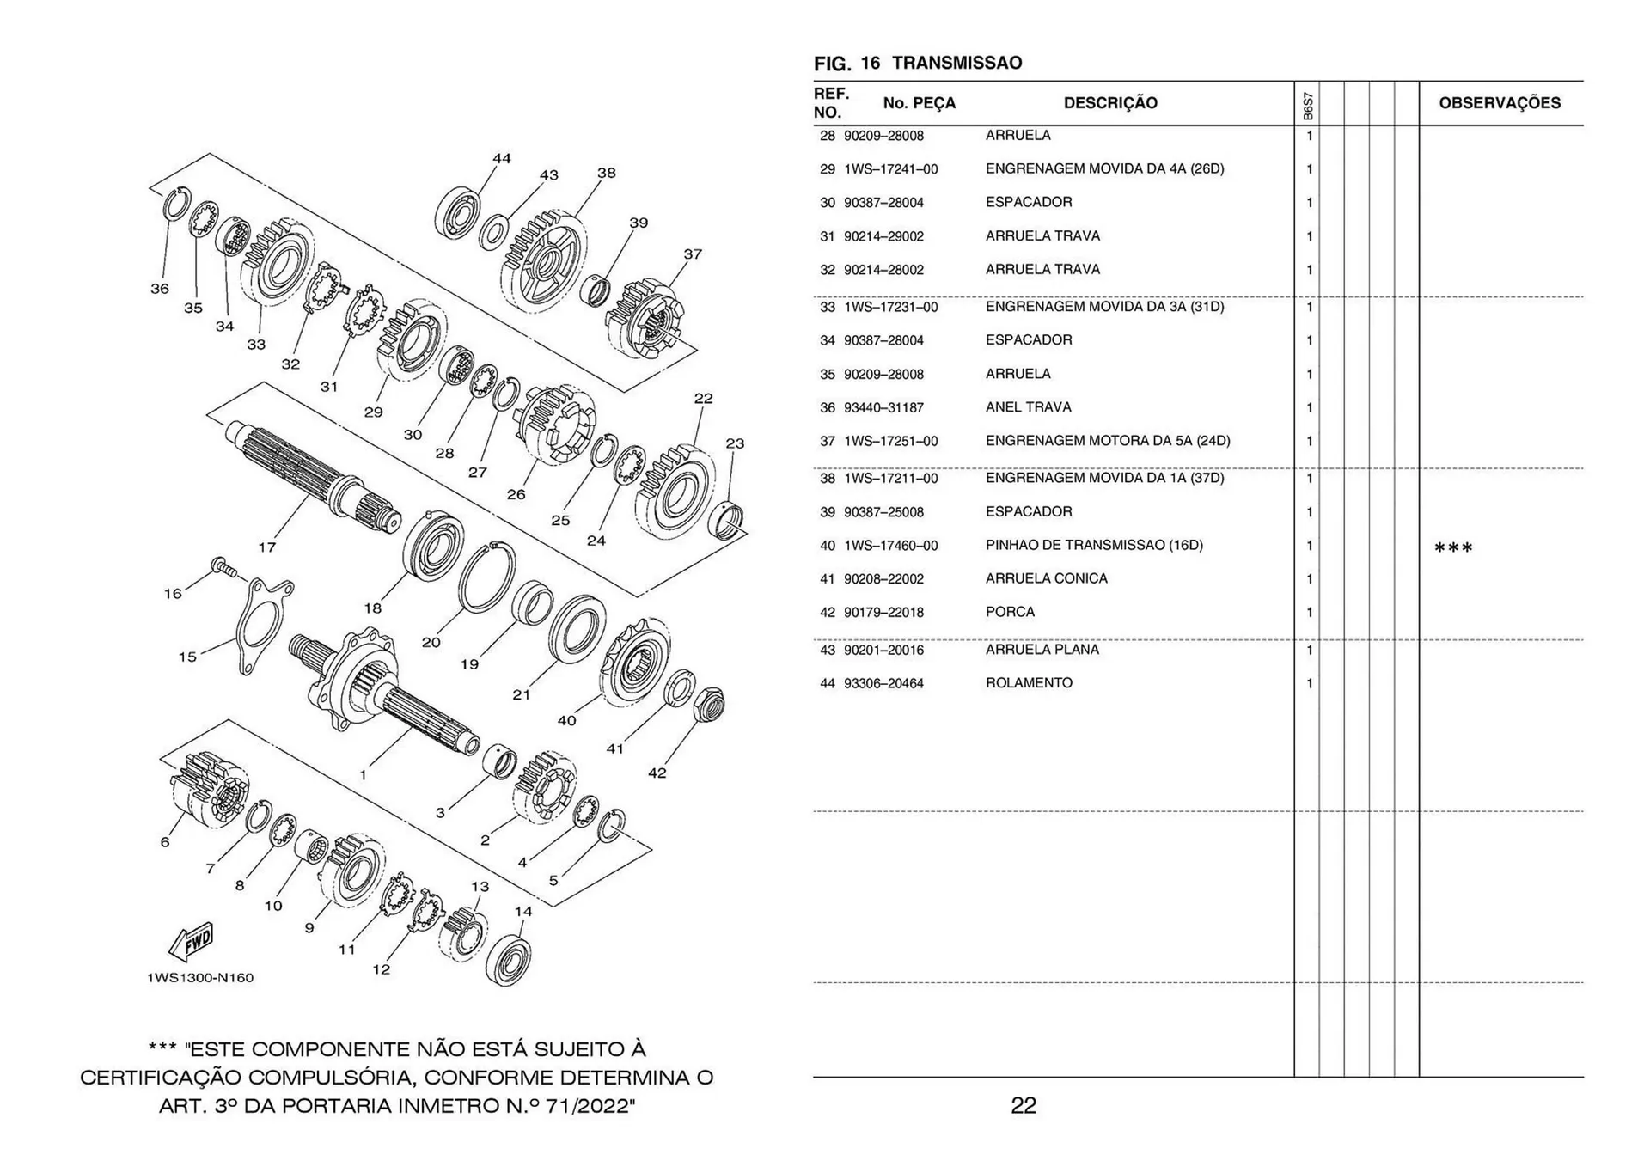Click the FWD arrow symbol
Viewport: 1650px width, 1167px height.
pyautogui.click(x=191, y=944)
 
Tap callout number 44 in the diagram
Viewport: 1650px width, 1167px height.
pyautogui.click(x=502, y=159)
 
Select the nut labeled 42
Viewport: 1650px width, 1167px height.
pyautogui.click(x=707, y=704)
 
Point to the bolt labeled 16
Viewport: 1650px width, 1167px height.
pyautogui.click(x=223, y=566)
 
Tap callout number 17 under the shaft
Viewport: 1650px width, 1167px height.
pyautogui.click(x=267, y=547)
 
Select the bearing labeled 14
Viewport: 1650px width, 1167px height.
pyautogui.click(x=509, y=958)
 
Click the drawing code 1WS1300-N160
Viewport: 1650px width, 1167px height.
pyautogui.click(x=200, y=978)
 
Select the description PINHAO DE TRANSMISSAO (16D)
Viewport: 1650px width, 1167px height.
pyautogui.click(x=1093, y=545)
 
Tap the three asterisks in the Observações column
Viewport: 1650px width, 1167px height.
pyautogui.click(x=1453, y=548)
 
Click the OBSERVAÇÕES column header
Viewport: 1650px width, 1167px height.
pyautogui.click(x=1499, y=103)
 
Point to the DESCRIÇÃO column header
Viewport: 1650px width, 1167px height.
pyautogui.click(x=1110, y=103)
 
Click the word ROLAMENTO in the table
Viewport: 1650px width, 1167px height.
pyautogui.click(x=1029, y=683)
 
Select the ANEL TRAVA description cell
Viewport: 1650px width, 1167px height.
pyautogui.click(x=1028, y=407)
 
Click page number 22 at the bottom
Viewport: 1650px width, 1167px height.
pyautogui.click(x=1023, y=1106)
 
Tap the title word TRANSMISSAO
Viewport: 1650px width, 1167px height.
pyautogui.click(x=956, y=63)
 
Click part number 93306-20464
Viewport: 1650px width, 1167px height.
pyautogui.click(x=883, y=684)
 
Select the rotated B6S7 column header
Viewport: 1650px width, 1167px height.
pyautogui.click(x=1307, y=106)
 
